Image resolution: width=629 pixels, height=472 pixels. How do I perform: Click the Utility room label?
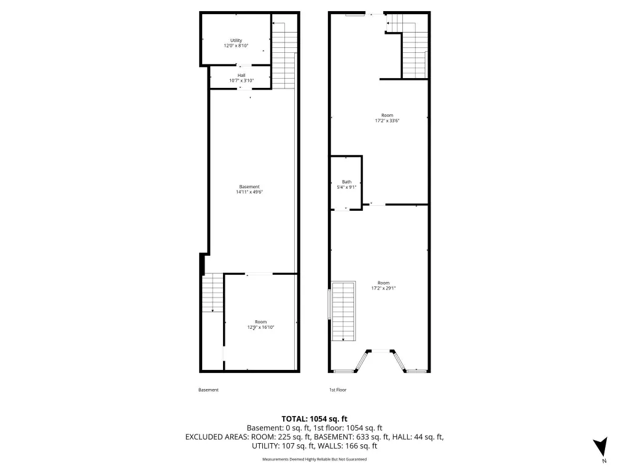(236, 40)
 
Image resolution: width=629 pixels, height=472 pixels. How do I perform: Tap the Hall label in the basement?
(241, 75)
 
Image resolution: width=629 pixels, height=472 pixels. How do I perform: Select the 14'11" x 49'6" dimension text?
(249, 192)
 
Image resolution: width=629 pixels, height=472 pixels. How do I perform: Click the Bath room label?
(346, 182)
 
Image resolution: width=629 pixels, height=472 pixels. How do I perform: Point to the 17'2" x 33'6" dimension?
(387, 120)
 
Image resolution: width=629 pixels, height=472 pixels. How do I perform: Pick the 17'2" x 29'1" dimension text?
(383, 288)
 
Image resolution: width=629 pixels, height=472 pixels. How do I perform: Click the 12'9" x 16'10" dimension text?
(260, 327)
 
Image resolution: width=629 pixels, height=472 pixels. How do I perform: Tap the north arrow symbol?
(601, 446)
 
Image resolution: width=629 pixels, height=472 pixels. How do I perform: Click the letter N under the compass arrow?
(604, 461)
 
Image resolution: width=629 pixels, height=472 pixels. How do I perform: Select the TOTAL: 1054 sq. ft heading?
(314, 419)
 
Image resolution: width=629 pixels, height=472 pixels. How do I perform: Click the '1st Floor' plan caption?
(338, 390)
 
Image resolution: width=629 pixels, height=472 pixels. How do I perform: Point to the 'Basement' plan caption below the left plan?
(209, 390)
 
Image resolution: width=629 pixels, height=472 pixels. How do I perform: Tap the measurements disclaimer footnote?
(314, 459)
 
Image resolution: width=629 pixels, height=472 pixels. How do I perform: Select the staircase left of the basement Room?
(212, 293)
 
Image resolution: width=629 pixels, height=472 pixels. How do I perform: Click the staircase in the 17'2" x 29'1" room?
(343, 311)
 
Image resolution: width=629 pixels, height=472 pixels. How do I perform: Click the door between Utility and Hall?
(243, 65)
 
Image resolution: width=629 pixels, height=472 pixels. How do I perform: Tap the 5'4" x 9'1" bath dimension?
(346, 187)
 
